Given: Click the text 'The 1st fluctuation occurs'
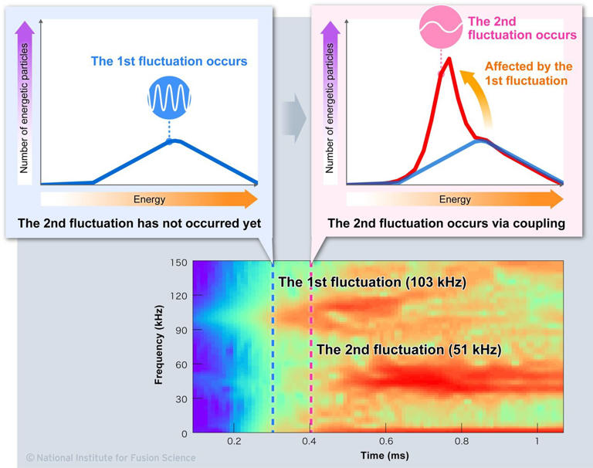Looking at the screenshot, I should click(169, 61).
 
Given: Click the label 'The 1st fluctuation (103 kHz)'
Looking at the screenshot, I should click(372, 283).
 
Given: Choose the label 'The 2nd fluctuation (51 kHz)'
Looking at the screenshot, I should click(408, 350).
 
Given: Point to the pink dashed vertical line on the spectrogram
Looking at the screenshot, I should click(311, 386).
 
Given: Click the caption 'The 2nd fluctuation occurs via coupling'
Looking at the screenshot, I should click(446, 224).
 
